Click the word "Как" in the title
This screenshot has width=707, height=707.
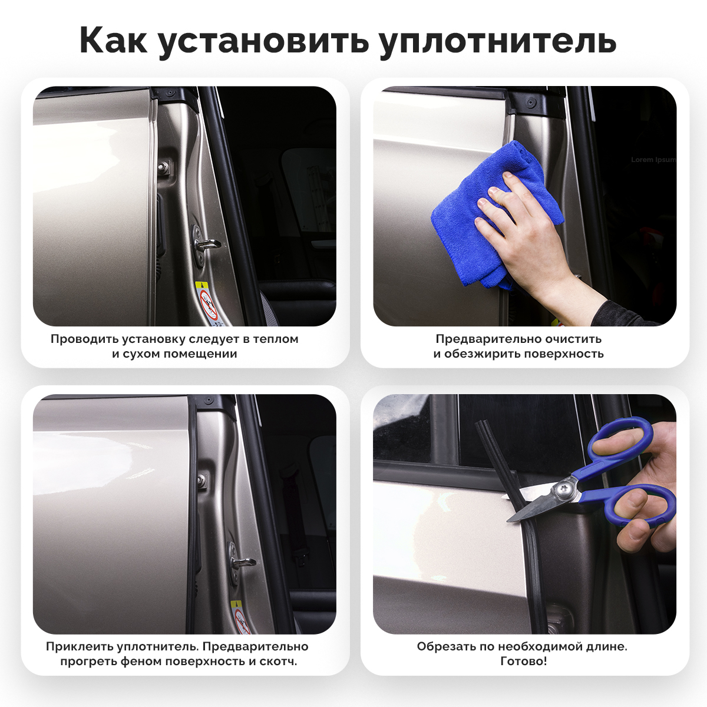point(113,41)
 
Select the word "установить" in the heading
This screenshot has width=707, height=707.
point(263,43)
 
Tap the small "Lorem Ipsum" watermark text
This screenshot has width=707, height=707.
point(653,160)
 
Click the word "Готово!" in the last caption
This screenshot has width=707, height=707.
point(524,661)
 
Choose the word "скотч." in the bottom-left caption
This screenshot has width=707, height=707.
point(279,662)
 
